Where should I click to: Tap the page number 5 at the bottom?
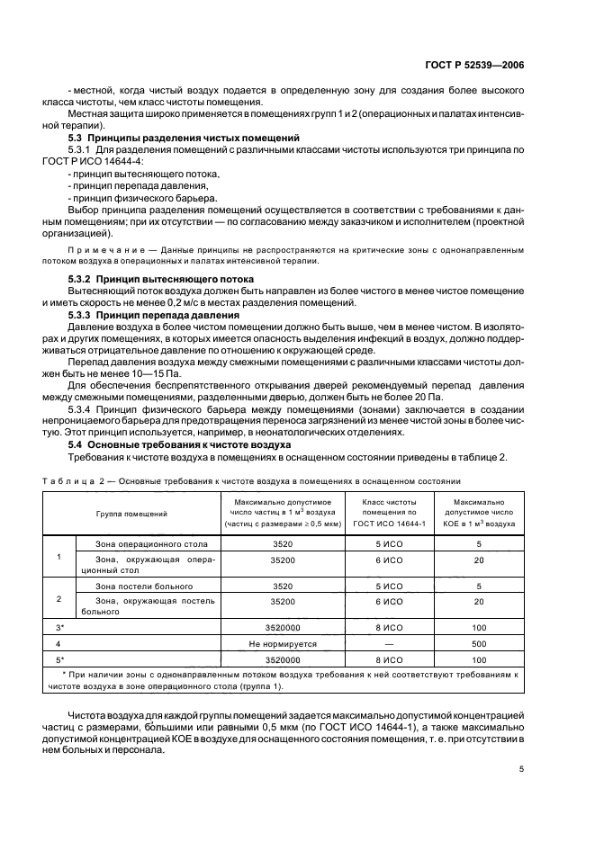[x=521, y=768]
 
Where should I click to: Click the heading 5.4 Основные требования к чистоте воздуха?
[x=179, y=444]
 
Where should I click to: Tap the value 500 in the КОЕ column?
[x=479, y=644]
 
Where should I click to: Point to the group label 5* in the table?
[x=59, y=658]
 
